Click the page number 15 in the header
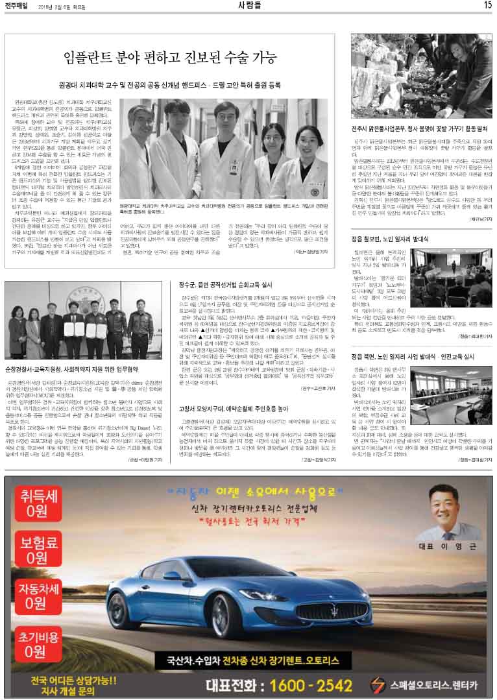[x=487, y=5]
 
